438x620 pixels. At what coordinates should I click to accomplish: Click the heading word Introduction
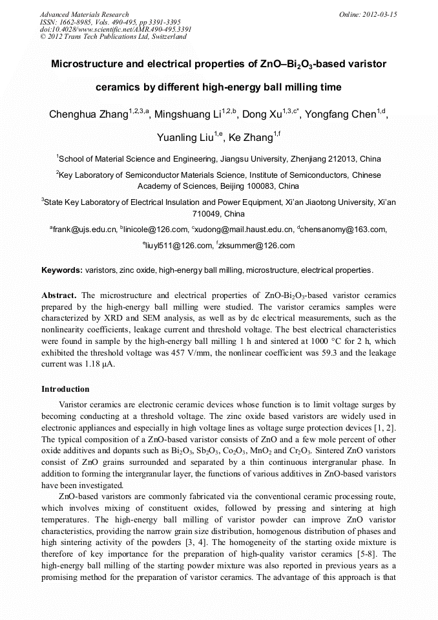(x=65, y=389)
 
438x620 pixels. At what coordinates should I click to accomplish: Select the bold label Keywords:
(x=62, y=270)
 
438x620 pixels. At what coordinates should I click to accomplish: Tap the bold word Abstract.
(x=59, y=295)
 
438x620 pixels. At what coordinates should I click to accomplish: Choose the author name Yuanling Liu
(x=187, y=138)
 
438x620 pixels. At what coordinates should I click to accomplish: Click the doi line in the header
(x=116, y=30)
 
